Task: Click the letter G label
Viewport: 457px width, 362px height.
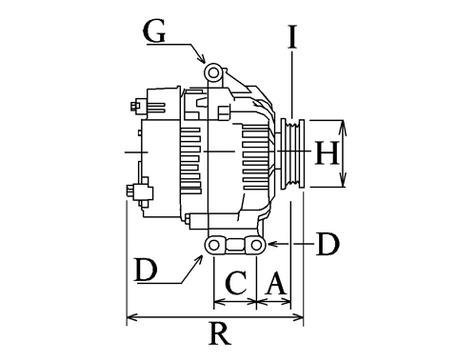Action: point(154,31)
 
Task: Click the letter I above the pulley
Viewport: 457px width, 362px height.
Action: point(292,37)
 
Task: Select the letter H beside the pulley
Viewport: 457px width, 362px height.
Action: point(327,153)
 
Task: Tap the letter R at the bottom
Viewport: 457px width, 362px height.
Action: point(220,333)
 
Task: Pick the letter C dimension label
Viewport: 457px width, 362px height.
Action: point(236,283)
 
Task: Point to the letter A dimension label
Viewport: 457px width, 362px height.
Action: point(277,283)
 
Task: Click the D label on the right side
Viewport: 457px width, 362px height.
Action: point(328,244)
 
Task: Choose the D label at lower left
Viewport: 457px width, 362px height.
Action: point(146,270)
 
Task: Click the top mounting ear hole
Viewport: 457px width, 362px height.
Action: point(213,73)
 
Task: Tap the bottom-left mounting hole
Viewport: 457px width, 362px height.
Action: point(214,245)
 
